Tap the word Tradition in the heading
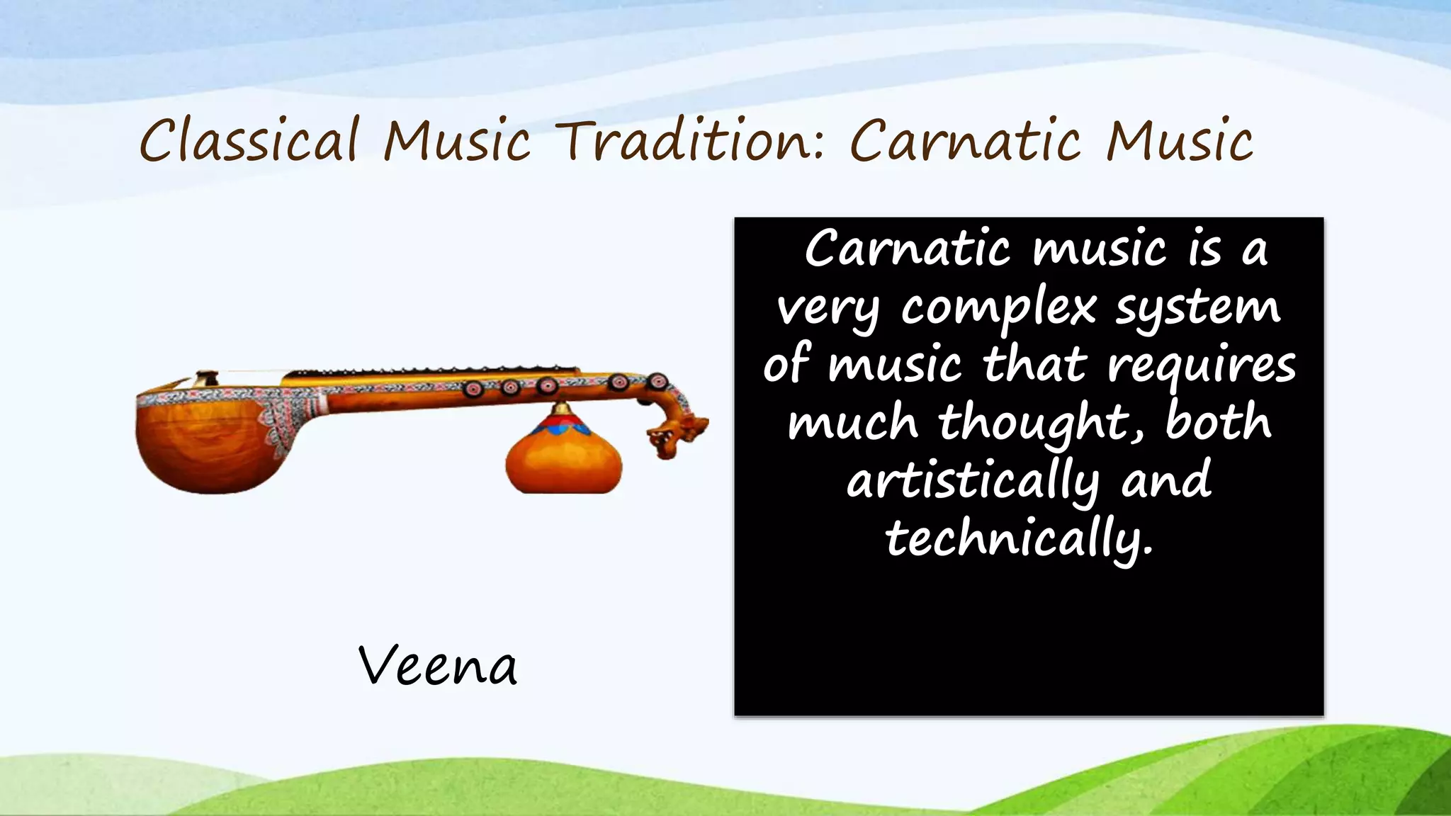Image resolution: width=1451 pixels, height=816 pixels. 691,140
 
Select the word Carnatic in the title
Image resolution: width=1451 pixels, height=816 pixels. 965,140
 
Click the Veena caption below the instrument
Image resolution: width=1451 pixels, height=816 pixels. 438,666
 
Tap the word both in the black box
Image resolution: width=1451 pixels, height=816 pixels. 1218,421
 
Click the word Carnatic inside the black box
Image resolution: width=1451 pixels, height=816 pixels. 907,250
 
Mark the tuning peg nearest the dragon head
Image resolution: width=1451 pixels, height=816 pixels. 657,381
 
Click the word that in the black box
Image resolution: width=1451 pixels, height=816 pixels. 1034,365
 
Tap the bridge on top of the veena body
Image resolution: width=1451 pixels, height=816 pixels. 206,378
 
